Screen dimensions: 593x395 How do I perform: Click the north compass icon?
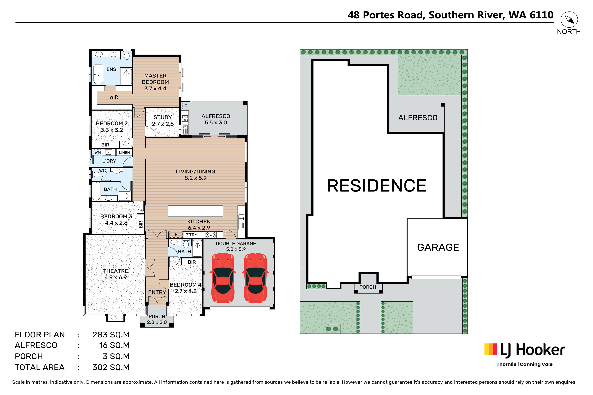pyautogui.click(x=569, y=20)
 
